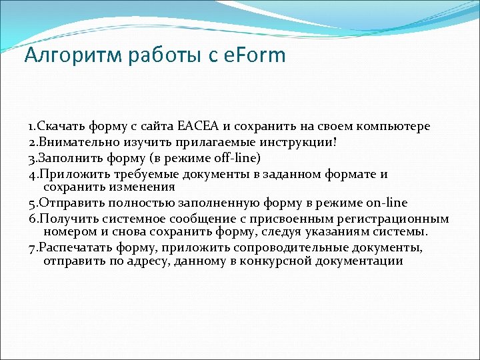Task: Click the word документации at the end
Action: [x=357, y=261]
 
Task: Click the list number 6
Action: [x=31, y=219]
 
